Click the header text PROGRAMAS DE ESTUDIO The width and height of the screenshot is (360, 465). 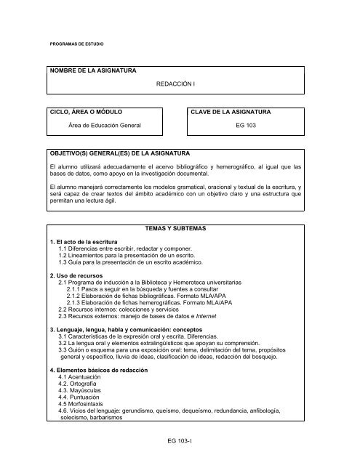[x=76, y=44]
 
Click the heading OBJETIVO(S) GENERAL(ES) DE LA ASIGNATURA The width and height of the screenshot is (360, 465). [x=115, y=154]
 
